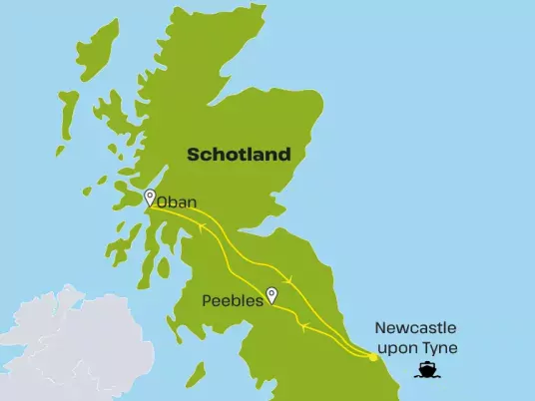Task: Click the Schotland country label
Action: coord(239,155)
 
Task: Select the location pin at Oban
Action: coord(150,196)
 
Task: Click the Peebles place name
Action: coord(232,298)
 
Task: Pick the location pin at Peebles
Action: coord(270,294)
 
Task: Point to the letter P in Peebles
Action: coord(206,298)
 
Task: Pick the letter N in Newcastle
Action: coord(380,327)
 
